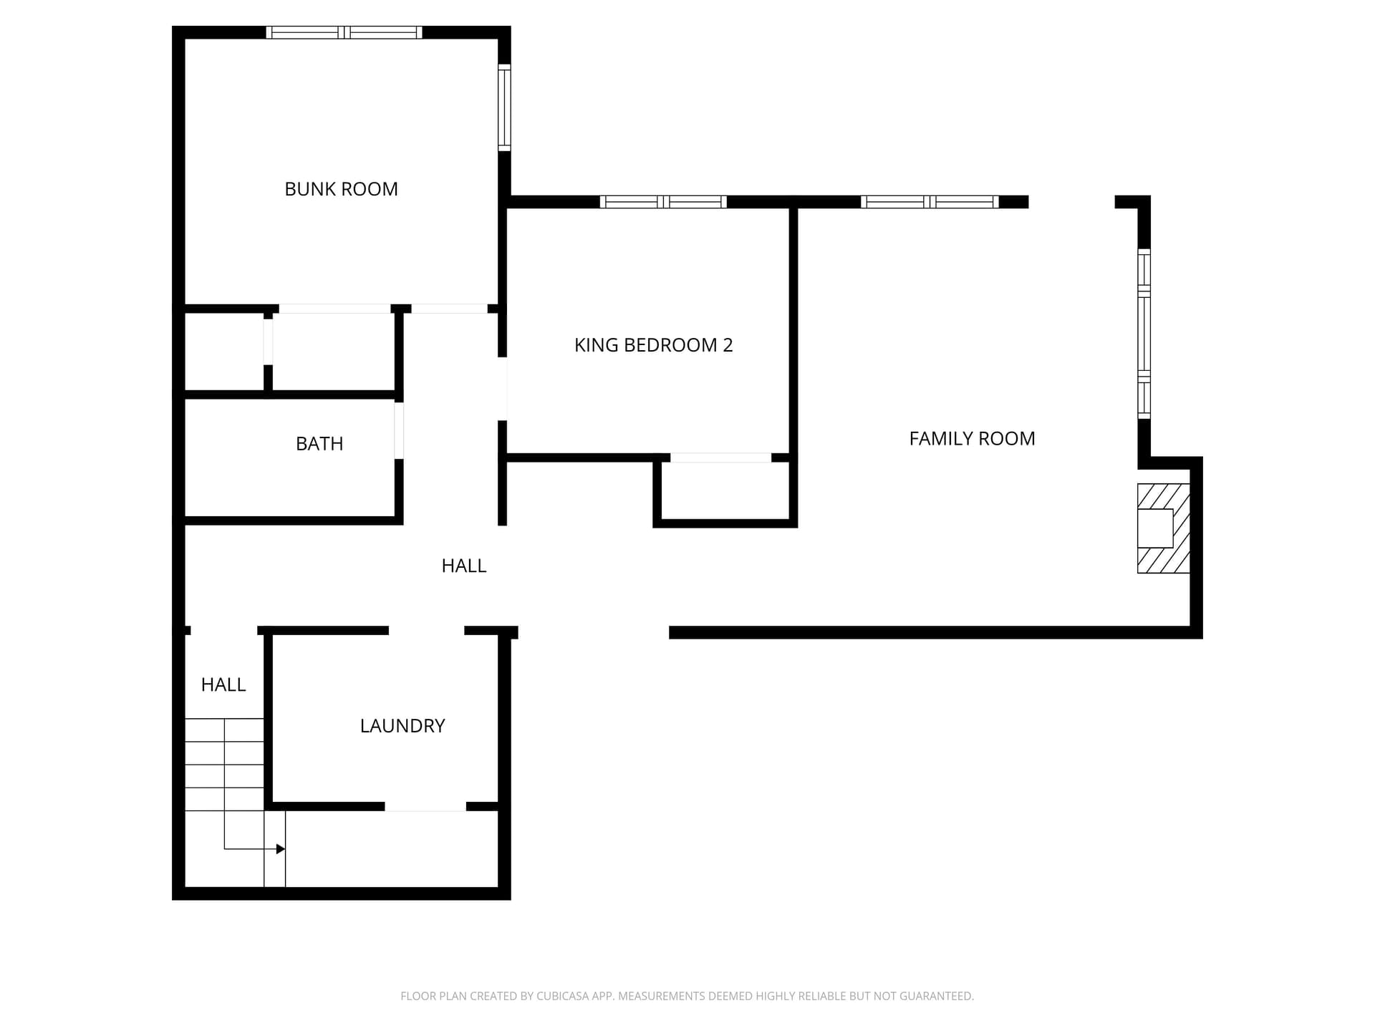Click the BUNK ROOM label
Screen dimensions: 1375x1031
341,189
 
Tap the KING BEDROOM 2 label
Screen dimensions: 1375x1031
653,345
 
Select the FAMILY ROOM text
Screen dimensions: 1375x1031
972,438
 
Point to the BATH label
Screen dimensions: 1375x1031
319,444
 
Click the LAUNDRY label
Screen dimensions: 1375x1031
402,726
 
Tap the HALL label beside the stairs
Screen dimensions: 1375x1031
223,685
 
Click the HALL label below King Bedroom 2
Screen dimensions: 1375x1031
464,566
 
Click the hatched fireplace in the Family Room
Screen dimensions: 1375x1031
1164,528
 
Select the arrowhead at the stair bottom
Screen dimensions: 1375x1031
281,849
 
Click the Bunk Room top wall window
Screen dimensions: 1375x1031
344,32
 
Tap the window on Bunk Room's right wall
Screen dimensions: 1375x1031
505,107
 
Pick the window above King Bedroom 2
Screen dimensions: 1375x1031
663,202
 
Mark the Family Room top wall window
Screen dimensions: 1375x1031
930,202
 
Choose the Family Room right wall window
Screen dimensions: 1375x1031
1144,334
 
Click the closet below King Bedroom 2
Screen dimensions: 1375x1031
725,490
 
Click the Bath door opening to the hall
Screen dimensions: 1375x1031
399,430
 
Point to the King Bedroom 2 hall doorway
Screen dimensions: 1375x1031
503,389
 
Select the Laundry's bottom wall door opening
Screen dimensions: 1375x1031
425,807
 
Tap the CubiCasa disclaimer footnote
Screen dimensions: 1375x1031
687,996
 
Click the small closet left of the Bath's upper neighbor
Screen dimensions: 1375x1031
225,352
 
